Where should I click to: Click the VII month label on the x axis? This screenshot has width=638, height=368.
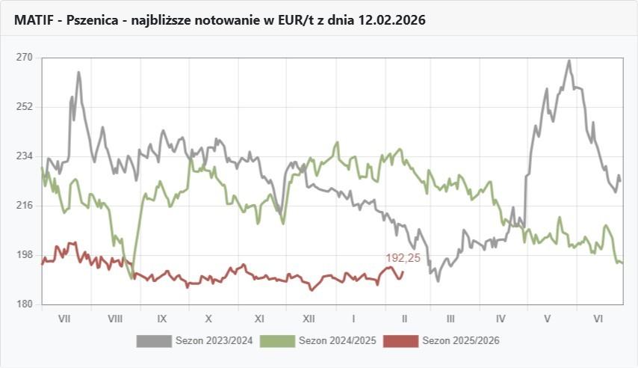pos(64,319)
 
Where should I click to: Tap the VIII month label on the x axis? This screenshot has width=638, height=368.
pos(115,319)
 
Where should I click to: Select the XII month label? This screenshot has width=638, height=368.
pos(309,319)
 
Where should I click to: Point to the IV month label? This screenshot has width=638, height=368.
pos(501,319)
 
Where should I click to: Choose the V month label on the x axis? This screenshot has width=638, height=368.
pos(548,319)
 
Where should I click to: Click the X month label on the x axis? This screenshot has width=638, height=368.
pos(208,319)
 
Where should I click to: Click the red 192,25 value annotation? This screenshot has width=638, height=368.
pos(403,258)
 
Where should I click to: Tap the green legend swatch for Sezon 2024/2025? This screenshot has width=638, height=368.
pos(276,341)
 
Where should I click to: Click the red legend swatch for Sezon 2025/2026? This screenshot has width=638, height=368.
pos(400,341)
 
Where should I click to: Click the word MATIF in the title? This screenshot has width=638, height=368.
pos(33,20)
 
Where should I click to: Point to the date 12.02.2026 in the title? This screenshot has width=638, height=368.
pos(391,20)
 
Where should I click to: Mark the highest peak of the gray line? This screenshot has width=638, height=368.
pos(569,61)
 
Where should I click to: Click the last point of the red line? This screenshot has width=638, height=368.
pos(403,272)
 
